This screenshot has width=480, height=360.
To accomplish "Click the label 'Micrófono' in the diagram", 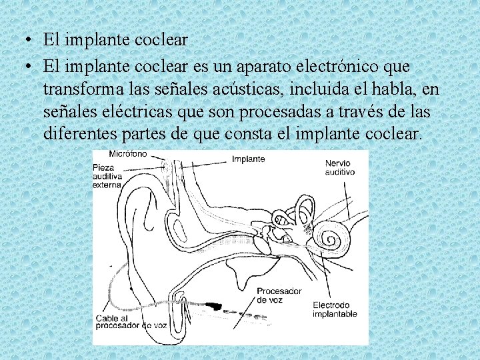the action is [x=128, y=154].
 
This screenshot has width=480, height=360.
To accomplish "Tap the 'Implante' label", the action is [x=248, y=159].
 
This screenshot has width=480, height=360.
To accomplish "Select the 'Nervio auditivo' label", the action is [x=339, y=167].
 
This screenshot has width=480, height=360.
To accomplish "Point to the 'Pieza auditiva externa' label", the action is [x=107, y=175].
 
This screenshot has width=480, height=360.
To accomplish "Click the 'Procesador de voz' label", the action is [x=279, y=295].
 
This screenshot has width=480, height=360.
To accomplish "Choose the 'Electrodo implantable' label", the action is [x=335, y=309].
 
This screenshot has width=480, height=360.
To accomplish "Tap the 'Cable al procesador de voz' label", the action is [x=131, y=322].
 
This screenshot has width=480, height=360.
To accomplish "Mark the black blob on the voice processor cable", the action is [x=213, y=307].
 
